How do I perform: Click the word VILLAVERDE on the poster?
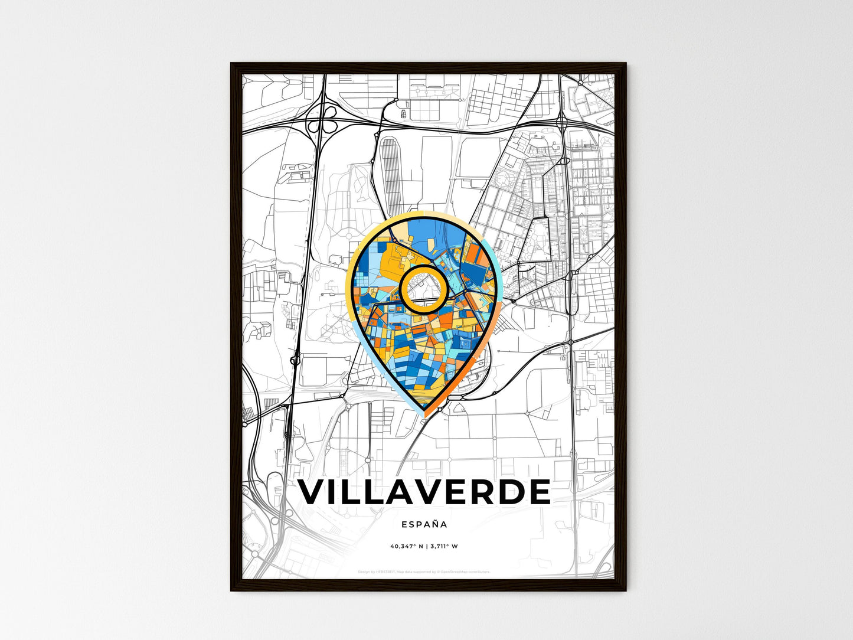(x=424, y=492)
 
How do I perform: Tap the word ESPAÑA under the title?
(x=424, y=524)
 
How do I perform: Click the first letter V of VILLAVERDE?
(x=315, y=492)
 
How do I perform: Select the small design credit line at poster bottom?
(x=424, y=572)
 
